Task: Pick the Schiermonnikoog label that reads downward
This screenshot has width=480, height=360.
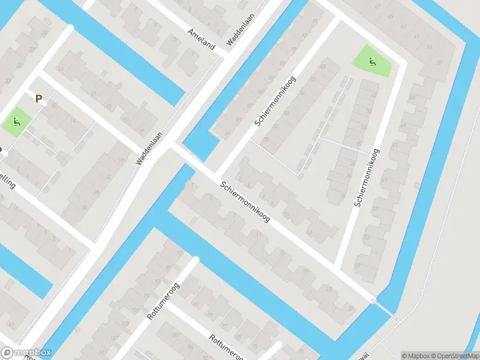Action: point(245,202)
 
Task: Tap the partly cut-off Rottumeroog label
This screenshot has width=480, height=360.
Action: point(224,346)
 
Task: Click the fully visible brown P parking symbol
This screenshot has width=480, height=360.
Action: point(39,99)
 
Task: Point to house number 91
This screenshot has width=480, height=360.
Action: point(227,134)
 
